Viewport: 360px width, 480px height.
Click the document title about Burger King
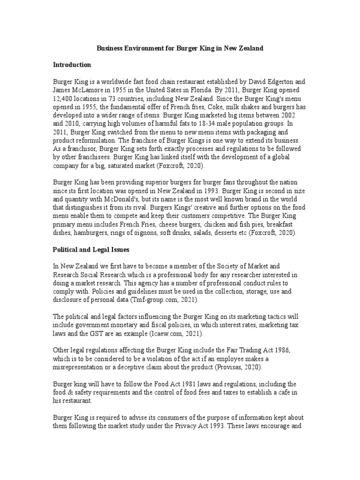180,48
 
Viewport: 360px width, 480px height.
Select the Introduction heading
72,64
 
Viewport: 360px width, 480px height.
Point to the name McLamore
88,89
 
